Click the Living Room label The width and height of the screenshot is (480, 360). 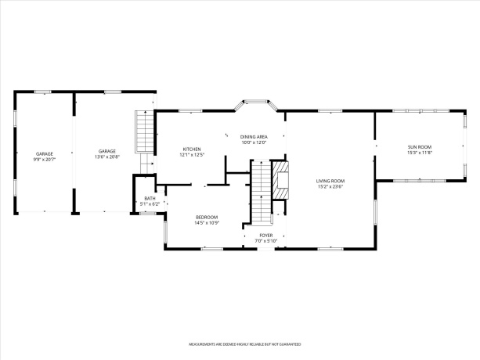330,181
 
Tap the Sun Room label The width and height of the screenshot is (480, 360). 419,147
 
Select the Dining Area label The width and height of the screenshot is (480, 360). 254,137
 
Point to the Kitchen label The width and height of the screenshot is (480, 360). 192,149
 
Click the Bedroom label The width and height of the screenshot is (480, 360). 207,217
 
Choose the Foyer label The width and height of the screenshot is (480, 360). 266,235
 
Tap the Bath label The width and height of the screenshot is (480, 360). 150,198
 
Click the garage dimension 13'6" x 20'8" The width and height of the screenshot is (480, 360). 107,157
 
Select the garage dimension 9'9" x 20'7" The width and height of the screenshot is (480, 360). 44,159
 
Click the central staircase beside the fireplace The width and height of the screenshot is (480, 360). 260,192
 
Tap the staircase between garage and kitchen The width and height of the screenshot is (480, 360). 143,131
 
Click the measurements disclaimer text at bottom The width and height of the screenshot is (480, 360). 240,344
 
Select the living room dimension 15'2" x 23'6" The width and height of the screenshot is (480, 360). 330,187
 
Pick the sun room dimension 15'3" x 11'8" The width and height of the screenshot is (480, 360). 419,153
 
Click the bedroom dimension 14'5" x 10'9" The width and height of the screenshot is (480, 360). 207,223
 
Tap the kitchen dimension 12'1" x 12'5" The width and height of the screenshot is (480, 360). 192,155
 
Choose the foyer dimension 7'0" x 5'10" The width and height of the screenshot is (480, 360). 266,240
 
